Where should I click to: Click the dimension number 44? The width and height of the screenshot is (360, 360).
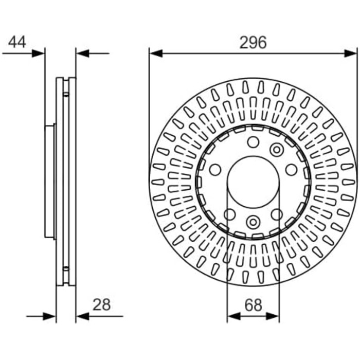click(17, 42)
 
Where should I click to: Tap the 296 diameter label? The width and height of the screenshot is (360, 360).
click(253, 43)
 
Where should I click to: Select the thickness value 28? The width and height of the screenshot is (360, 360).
click(101, 304)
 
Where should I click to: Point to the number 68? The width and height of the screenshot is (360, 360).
click(253, 305)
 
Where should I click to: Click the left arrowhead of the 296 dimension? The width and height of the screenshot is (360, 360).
click(156, 53)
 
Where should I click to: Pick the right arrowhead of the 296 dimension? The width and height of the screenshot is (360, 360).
click(351, 53)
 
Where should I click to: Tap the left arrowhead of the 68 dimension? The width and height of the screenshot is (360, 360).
click(233, 316)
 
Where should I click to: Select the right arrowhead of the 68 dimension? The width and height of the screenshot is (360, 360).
click(273, 316)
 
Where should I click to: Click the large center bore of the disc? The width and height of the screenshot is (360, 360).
click(254, 182)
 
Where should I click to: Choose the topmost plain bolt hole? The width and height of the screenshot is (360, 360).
click(253, 142)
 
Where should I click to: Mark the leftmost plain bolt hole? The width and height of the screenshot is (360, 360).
click(215, 170)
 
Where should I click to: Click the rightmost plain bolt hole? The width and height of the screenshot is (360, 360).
click(292, 170)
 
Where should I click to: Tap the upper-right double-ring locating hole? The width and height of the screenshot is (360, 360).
click(277, 150)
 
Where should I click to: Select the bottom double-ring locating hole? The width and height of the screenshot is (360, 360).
click(253, 222)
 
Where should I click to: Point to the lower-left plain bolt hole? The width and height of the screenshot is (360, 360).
click(229, 214)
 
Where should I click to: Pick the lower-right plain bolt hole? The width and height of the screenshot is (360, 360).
click(277, 214)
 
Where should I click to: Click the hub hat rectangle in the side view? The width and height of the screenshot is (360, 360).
click(49, 182)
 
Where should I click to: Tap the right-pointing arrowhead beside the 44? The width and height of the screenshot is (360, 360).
click(38, 53)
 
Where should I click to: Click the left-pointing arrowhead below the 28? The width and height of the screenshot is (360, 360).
click(82, 316)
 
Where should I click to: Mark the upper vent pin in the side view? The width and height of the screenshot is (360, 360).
click(66, 94)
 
